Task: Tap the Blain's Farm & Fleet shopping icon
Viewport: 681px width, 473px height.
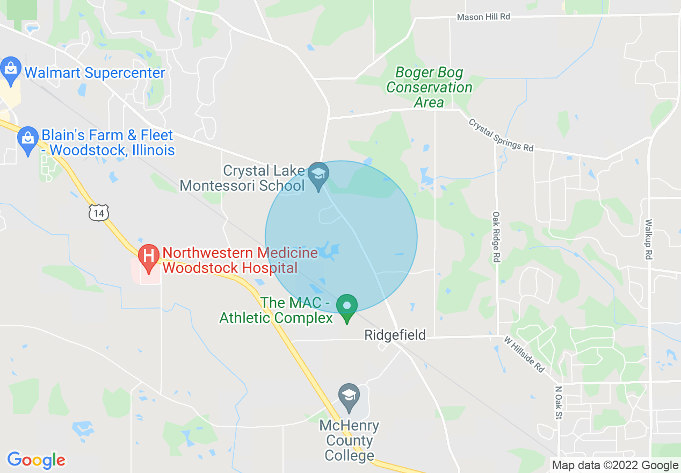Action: [27, 140]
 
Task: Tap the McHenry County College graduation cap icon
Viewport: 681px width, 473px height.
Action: [349, 397]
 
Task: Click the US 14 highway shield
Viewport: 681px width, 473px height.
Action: [99, 212]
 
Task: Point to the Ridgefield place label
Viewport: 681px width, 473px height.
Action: [395, 335]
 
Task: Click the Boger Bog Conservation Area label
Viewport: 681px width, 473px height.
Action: [429, 88]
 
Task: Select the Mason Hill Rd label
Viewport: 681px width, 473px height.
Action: [483, 17]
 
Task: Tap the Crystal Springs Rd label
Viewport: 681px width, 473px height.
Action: [501, 135]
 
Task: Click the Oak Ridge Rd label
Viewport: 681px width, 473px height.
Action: [496, 236]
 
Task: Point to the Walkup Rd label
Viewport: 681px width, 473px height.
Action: [649, 239]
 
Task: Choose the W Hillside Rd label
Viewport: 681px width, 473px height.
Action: [524, 354]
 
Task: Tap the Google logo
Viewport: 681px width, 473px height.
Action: [37, 460]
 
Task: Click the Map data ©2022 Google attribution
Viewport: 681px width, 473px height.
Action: [615, 465]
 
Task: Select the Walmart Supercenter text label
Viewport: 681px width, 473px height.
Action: [95, 73]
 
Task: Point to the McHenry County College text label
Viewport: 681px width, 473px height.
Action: [349, 441]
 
